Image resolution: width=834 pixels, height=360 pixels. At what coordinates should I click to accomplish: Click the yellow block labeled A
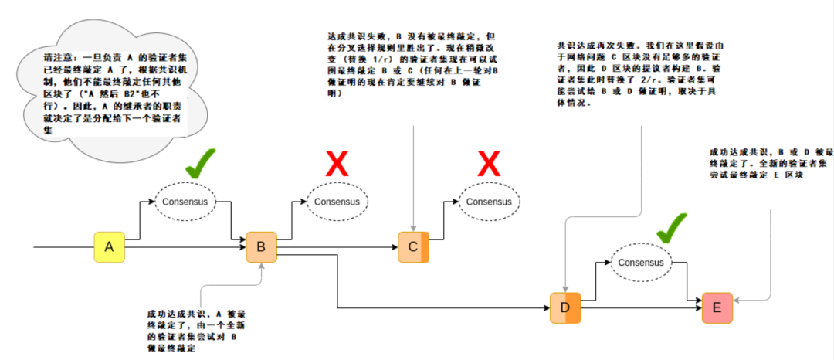click(x=109, y=246)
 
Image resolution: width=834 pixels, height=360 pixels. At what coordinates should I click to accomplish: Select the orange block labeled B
click(x=261, y=246)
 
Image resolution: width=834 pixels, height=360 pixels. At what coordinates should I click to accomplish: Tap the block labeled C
click(x=412, y=246)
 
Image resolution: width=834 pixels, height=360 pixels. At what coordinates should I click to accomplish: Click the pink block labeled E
click(x=717, y=308)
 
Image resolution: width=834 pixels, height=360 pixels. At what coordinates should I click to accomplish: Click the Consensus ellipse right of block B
click(x=337, y=202)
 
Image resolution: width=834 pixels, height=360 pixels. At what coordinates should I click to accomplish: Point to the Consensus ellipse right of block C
click(x=490, y=202)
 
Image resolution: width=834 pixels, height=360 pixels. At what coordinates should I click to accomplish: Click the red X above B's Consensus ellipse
click(x=337, y=165)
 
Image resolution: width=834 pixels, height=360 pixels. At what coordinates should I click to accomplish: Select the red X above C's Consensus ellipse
click(x=489, y=165)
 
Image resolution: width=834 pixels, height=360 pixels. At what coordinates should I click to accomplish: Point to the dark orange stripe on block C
click(x=424, y=246)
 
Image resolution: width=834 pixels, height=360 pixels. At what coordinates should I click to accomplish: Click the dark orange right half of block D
click(x=572, y=308)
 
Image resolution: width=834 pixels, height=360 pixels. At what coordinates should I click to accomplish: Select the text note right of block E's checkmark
click(x=768, y=163)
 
